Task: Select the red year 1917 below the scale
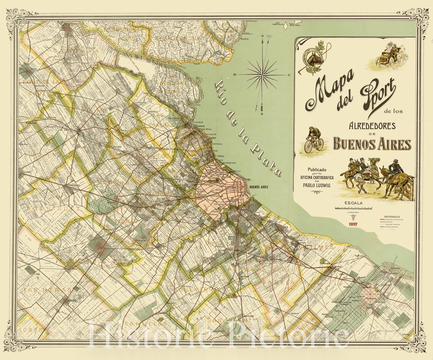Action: pyautogui.click(x=353, y=224)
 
